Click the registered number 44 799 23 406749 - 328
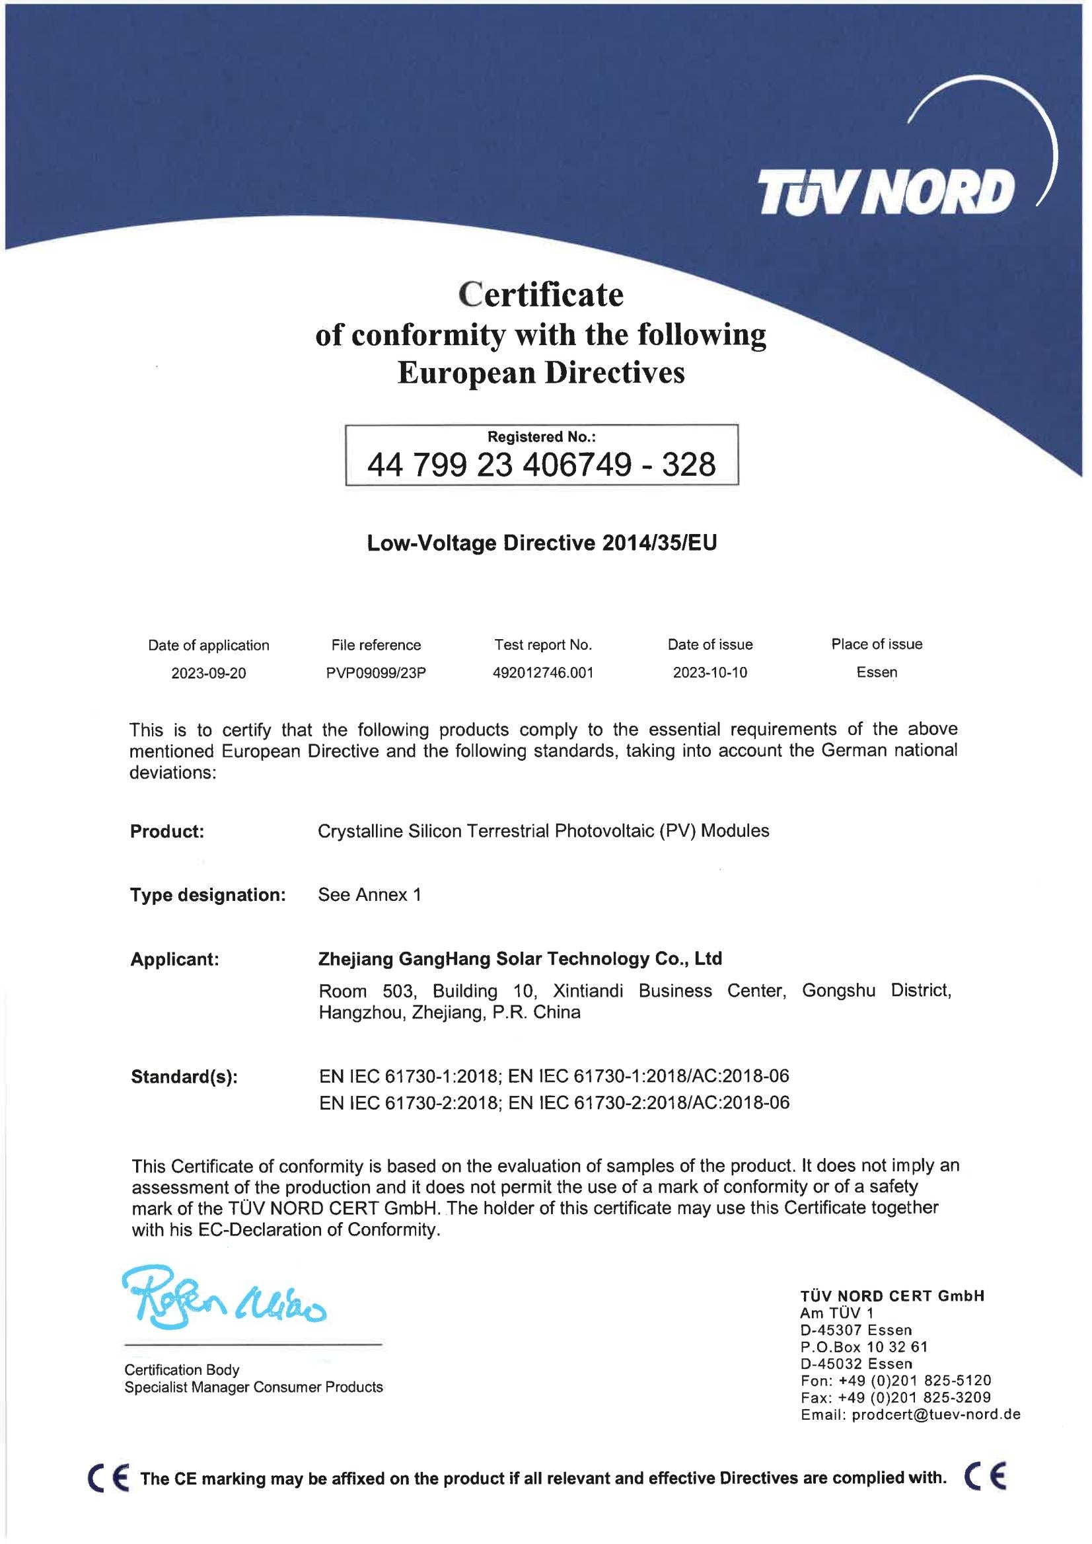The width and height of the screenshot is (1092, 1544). point(541,464)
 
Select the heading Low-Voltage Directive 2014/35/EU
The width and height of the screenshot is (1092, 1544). point(541,543)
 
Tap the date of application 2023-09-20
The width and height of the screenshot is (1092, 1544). point(209,673)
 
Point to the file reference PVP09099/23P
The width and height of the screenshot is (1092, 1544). point(376,673)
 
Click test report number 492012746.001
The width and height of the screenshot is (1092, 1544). point(542,673)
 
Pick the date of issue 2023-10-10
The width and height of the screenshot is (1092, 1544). point(710,673)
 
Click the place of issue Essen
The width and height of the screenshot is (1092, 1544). point(876,672)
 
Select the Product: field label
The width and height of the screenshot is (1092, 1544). point(166,831)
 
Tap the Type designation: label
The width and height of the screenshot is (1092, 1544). point(208,895)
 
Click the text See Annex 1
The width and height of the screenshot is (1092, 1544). point(369,895)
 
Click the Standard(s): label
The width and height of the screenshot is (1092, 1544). point(184,1077)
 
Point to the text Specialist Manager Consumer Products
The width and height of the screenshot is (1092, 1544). point(254,1387)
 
